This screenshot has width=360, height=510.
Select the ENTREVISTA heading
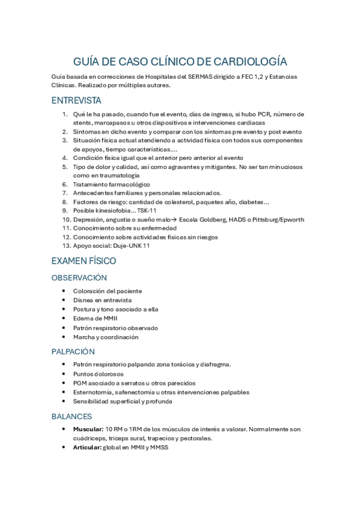click(76, 100)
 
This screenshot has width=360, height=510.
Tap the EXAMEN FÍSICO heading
click(84, 261)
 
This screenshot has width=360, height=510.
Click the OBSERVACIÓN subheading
click(79, 278)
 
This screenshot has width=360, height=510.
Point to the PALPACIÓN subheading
click(73, 351)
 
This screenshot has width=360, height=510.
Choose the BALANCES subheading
click(72, 416)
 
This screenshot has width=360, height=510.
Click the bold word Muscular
click(88, 429)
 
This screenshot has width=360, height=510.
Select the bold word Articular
click(87, 447)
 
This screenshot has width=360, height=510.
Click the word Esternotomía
click(94, 392)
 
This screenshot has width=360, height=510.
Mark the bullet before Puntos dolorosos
click(64, 374)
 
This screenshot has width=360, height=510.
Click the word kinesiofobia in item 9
click(114, 210)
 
